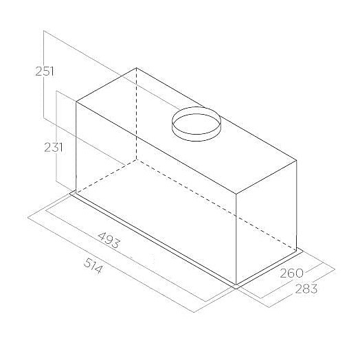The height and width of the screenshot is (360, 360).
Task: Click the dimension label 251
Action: [x=45, y=71]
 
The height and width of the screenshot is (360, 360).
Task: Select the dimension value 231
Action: [x=54, y=148]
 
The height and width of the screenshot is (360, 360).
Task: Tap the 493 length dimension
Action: [x=109, y=240]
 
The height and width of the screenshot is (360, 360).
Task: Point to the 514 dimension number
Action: [x=93, y=266]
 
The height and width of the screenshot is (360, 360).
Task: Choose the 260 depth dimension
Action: [x=291, y=273]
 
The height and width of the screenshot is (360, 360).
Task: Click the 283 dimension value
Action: [x=306, y=289]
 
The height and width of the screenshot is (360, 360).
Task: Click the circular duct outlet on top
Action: [x=196, y=124]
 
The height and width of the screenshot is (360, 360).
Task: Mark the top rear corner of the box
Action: [x=137, y=68]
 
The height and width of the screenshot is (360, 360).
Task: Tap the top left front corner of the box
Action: [x=76, y=102]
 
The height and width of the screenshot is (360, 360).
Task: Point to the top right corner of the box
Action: [x=297, y=160]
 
